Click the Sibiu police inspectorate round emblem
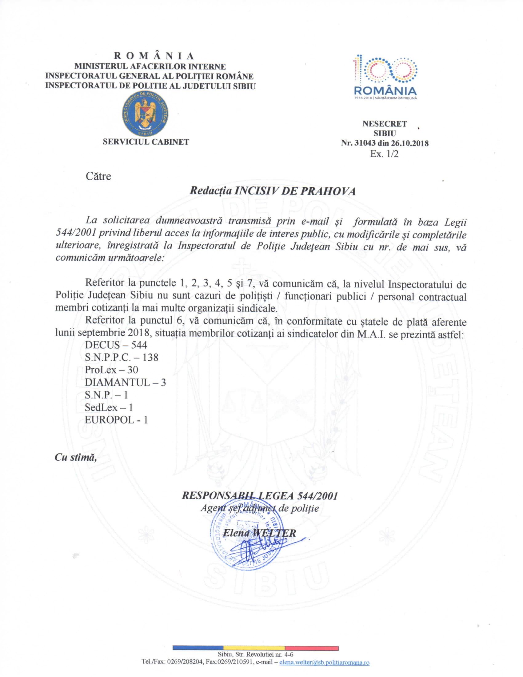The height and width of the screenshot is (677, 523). [x=145, y=114]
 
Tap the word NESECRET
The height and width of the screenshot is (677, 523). [x=385, y=124]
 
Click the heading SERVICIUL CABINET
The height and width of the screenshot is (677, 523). [x=146, y=142]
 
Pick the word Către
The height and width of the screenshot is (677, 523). [x=98, y=176]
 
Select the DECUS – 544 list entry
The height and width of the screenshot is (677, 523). [x=116, y=345]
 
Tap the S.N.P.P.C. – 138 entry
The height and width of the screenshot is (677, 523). [x=122, y=357]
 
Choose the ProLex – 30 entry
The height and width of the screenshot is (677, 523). [x=111, y=370]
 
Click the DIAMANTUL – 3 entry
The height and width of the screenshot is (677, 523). [x=125, y=383]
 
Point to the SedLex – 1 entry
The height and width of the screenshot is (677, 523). [x=109, y=407]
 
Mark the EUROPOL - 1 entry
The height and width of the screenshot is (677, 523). [x=116, y=420]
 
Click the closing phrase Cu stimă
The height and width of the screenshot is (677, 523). [x=76, y=457]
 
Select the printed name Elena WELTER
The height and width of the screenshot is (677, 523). [x=259, y=533]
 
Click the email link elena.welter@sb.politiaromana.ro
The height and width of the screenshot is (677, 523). [x=324, y=663]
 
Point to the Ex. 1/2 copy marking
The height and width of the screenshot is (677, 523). [x=384, y=154]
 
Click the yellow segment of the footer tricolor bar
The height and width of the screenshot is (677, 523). [x=254, y=648]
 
